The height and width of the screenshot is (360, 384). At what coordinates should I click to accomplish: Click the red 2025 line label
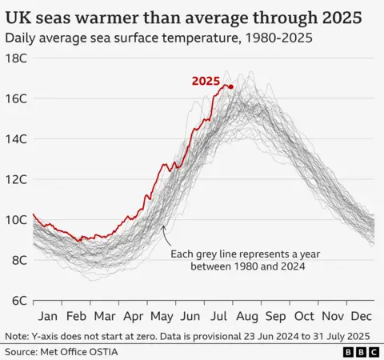pyautogui.click(x=206, y=81)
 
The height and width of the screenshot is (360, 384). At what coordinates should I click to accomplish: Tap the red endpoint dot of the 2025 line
pyautogui.click(x=231, y=86)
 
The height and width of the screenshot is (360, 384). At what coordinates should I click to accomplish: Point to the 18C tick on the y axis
pyautogui.click(x=17, y=58)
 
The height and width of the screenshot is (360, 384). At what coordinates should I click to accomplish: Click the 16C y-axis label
pyautogui.click(x=17, y=98)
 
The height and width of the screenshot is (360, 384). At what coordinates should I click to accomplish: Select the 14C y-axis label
pyautogui.click(x=17, y=139)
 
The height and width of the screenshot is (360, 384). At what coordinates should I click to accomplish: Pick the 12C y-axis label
pyautogui.click(x=17, y=179)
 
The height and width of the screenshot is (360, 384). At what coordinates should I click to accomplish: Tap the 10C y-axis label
pyautogui.click(x=17, y=220)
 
